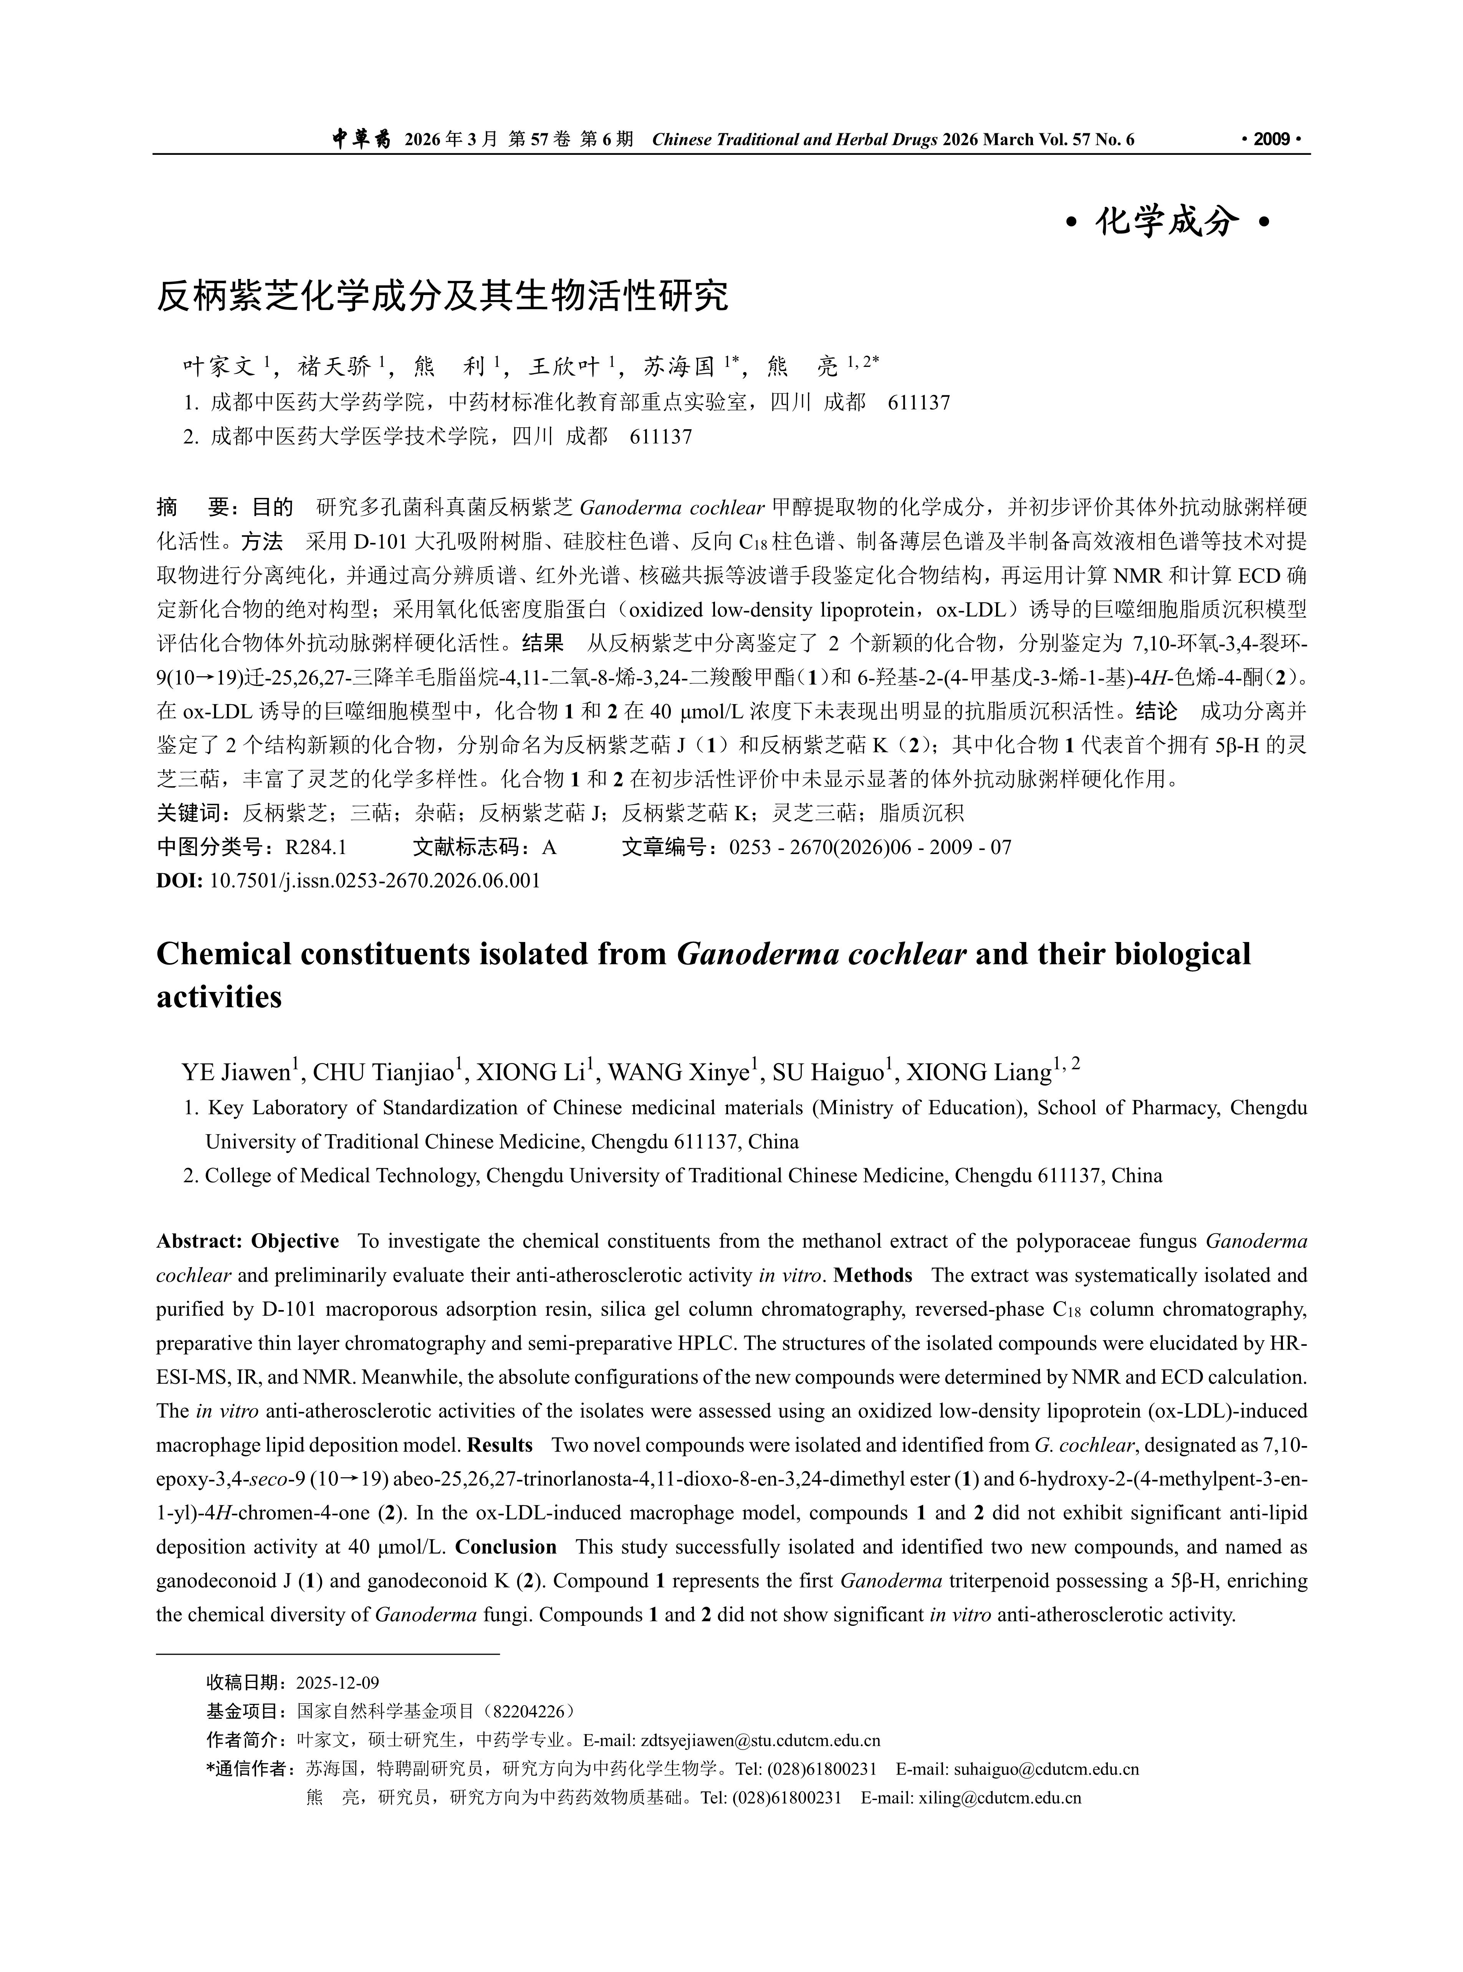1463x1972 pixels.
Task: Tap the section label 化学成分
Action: [x=1166, y=221]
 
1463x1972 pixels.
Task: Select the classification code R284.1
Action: [x=315, y=848]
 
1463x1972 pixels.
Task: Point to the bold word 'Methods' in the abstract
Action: [x=873, y=1276]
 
